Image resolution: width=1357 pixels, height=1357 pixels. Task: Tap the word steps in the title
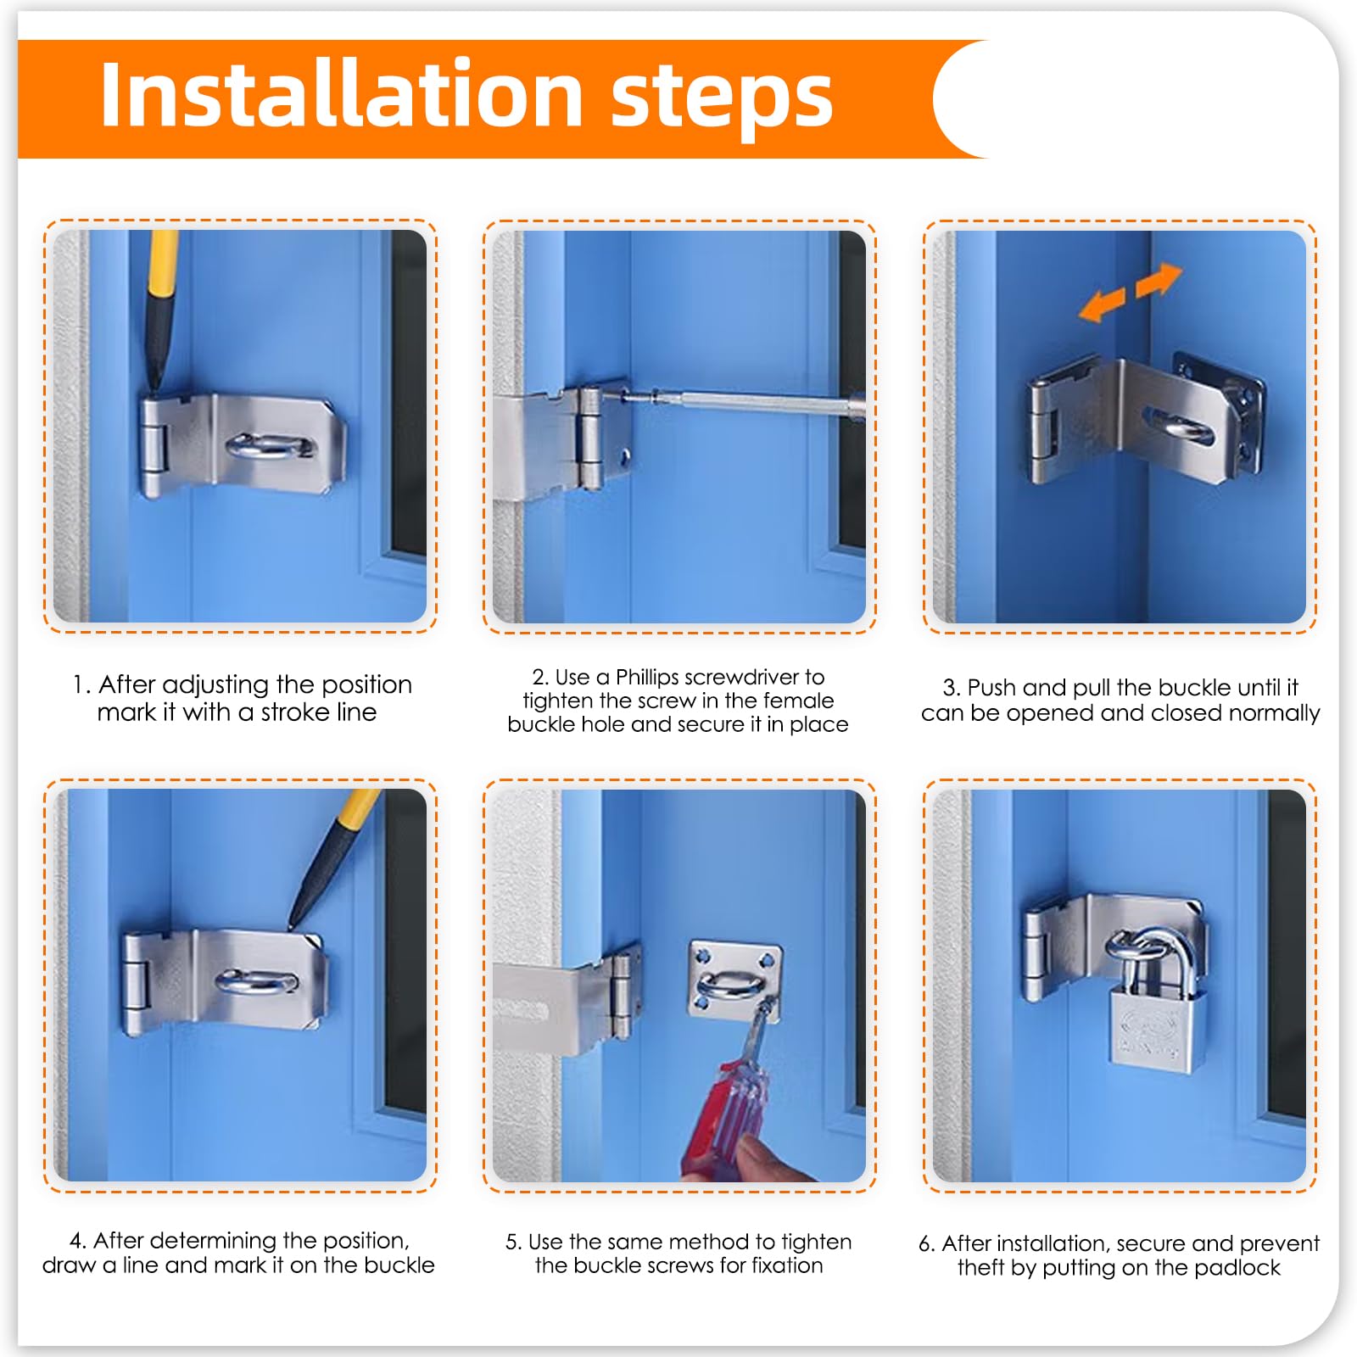[x=722, y=100]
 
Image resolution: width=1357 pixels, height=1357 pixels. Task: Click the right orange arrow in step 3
[x=1159, y=280]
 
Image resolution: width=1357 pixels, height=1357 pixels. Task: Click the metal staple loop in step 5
[x=732, y=985]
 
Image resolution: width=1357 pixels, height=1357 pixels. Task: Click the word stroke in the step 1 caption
[x=296, y=712]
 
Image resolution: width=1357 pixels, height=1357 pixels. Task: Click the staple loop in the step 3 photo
[x=1179, y=424]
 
